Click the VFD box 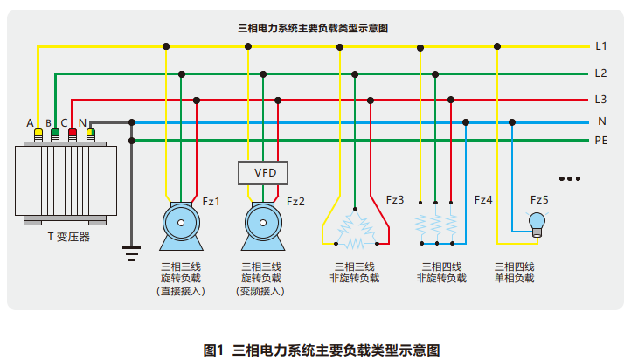[x=265, y=172]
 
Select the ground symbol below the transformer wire [x=132, y=253]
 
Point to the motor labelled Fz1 [x=181, y=225]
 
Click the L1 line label [x=601, y=45]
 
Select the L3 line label [x=601, y=99]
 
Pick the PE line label [x=601, y=140]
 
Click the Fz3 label [x=395, y=200]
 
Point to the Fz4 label [x=483, y=200]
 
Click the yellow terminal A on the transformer [x=38, y=135]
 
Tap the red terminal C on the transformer [x=73, y=135]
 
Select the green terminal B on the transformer [x=55, y=135]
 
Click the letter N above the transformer [x=82, y=121]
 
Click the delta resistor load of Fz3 [x=355, y=228]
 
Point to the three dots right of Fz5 [x=570, y=179]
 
